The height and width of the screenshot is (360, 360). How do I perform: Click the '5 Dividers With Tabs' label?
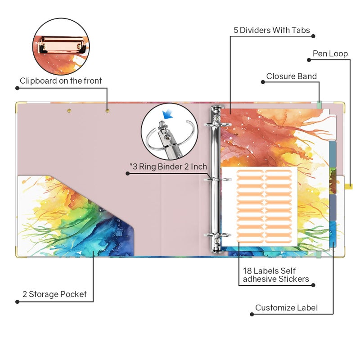click(272, 30)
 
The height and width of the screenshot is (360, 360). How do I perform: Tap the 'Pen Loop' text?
click(330, 54)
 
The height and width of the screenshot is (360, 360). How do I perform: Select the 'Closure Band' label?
click(291, 76)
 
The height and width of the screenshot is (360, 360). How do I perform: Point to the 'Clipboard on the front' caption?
click(61, 81)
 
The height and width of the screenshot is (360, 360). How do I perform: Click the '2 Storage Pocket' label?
click(54, 294)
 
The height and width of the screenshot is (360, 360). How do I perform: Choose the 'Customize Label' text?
click(286, 308)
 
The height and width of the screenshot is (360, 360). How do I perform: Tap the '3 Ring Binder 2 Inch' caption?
click(168, 166)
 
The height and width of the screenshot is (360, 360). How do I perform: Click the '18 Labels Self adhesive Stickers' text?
click(276, 275)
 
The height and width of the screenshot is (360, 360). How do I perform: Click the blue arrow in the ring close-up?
click(167, 114)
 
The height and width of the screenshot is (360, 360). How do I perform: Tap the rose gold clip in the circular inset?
click(62, 45)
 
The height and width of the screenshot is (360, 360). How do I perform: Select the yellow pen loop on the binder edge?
click(349, 186)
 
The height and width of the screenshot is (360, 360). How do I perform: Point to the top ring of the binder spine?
click(217, 125)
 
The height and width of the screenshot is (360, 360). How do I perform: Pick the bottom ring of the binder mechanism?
click(217, 235)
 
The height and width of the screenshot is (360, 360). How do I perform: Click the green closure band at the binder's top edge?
click(319, 105)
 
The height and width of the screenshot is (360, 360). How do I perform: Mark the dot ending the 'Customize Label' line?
click(252, 314)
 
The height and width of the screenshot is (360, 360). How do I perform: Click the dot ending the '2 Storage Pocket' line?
click(17, 301)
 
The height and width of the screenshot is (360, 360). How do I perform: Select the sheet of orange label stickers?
click(259, 207)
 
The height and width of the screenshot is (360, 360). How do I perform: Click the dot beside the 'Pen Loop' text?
click(309, 60)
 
